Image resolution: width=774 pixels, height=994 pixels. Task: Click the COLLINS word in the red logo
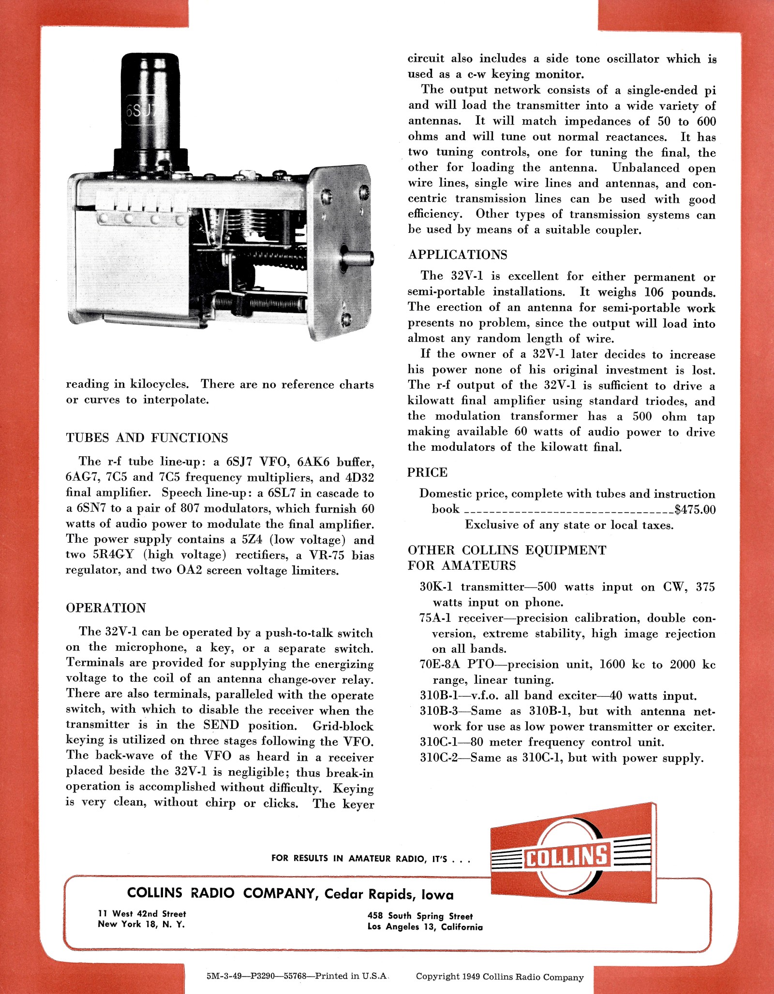coord(566,856)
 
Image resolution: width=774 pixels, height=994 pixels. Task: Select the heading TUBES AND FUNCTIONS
coord(147,438)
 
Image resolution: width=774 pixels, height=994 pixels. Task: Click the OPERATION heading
coord(106,608)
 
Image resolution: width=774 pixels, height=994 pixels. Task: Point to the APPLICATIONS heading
coord(458,255)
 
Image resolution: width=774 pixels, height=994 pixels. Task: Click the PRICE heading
coord(427,472)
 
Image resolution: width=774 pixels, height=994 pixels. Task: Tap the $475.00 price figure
coord(695,510)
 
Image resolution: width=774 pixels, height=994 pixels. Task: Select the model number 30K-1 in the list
coord(436,587)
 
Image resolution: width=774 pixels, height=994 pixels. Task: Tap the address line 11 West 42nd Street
coord(142,914)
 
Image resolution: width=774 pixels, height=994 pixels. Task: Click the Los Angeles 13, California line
coord(425,927)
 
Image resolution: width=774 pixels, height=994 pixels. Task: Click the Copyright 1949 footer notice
coord(499,977)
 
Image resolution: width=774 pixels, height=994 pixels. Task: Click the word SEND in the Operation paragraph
coord(221,725)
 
